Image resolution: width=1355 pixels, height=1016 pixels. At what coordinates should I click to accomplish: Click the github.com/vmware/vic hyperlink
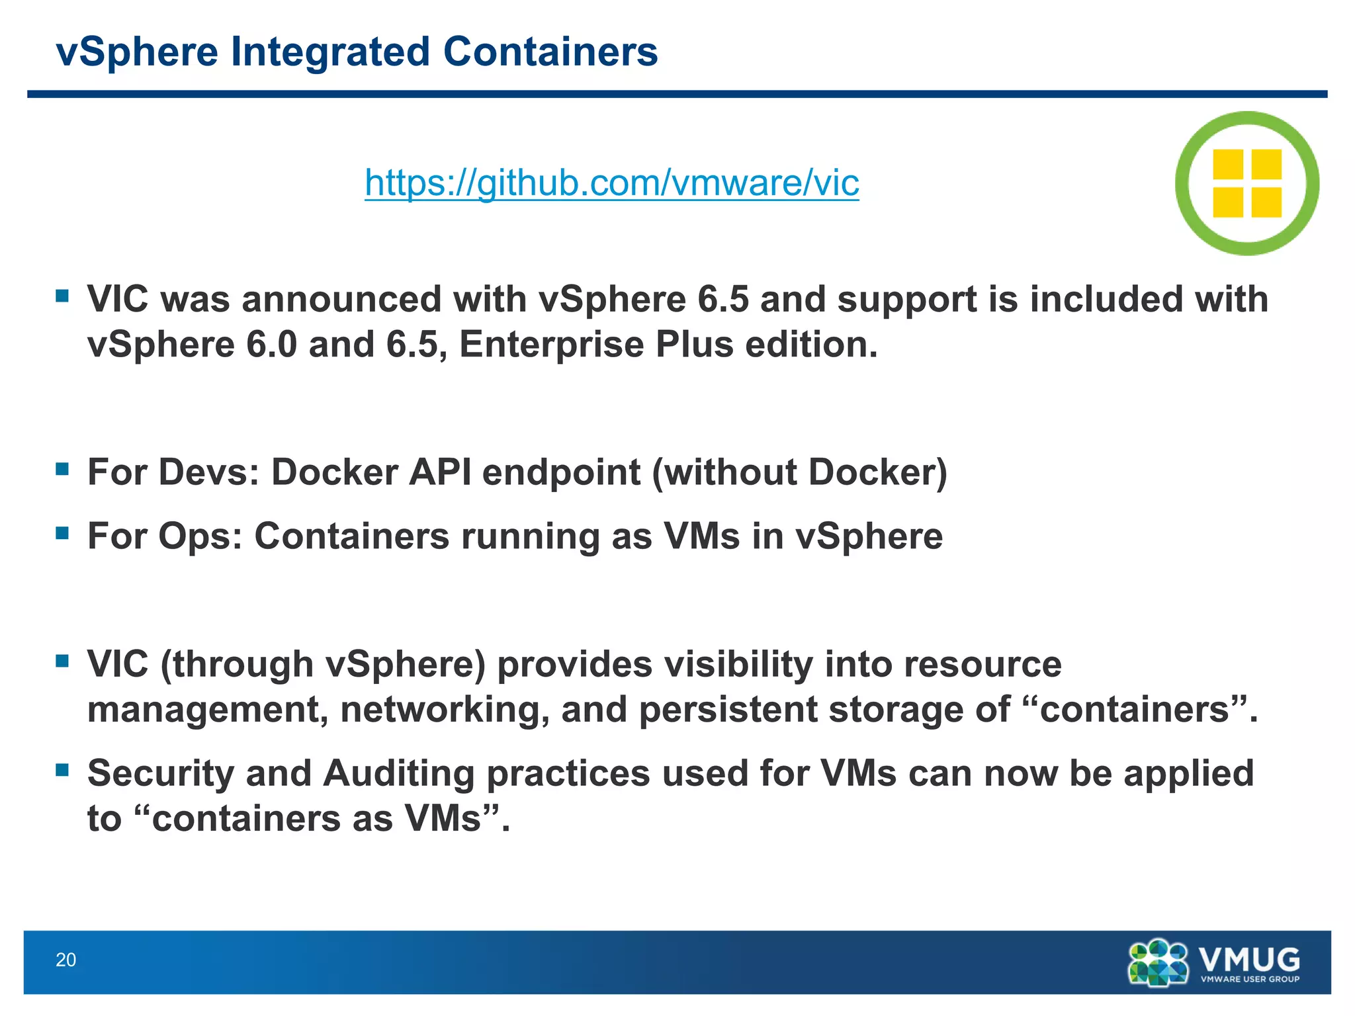pos(611,183)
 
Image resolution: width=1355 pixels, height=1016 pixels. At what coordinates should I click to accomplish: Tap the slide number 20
pos(66,960)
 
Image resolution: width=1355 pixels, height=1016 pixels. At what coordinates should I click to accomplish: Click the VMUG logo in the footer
pos(1213,962)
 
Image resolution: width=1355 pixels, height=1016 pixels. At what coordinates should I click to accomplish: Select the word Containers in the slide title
pos(550,52)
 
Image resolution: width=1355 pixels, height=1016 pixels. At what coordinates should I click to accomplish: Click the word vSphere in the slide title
pos(137,52)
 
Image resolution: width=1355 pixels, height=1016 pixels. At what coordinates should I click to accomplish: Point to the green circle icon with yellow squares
pos(1247,183)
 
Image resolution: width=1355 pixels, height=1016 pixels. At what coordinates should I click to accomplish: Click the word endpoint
pos(562,472)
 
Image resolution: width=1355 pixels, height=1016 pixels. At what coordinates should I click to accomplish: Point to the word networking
pos(444,710)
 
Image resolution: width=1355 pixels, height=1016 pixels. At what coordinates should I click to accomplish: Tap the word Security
pos(161,773)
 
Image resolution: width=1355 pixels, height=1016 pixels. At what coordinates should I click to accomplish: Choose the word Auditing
pos(399,773)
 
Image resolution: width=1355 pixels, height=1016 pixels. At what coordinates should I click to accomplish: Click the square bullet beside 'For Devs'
pos(63,470)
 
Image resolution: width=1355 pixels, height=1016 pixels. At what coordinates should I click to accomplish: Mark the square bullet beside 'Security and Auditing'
pos(63,770)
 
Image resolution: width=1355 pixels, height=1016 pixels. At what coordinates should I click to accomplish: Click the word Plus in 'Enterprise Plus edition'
pos(695,345)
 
